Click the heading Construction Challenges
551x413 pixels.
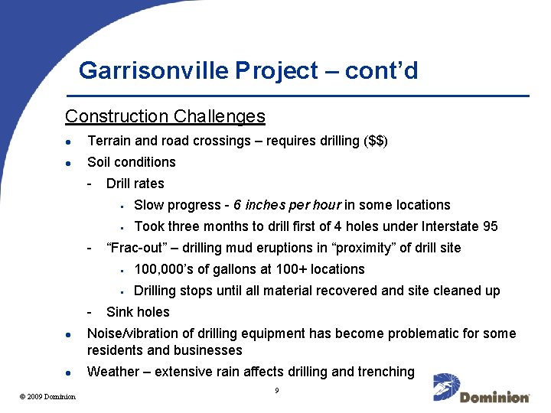165,116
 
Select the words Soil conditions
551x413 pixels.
132,162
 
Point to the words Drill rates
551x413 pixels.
135,184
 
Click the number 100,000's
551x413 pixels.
162,269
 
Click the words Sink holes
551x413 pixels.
138,312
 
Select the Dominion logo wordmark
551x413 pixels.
494,397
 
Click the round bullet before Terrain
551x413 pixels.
69,141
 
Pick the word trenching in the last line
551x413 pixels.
386,372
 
